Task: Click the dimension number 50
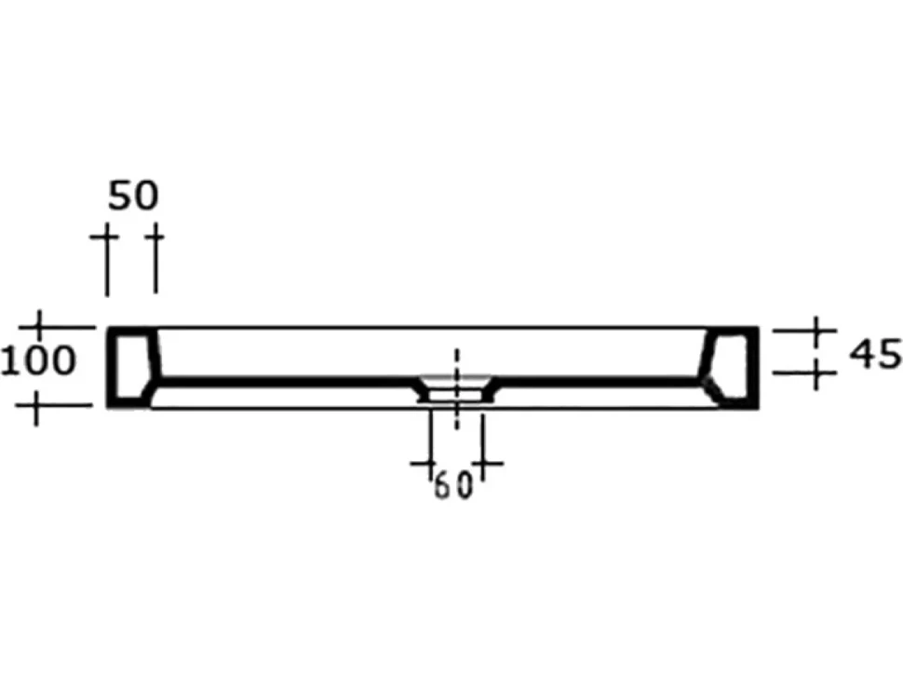tap(132, 196)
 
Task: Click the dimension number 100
tap(38, 361)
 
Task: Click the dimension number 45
tap(875, 354)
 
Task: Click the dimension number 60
tap(453, 485)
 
